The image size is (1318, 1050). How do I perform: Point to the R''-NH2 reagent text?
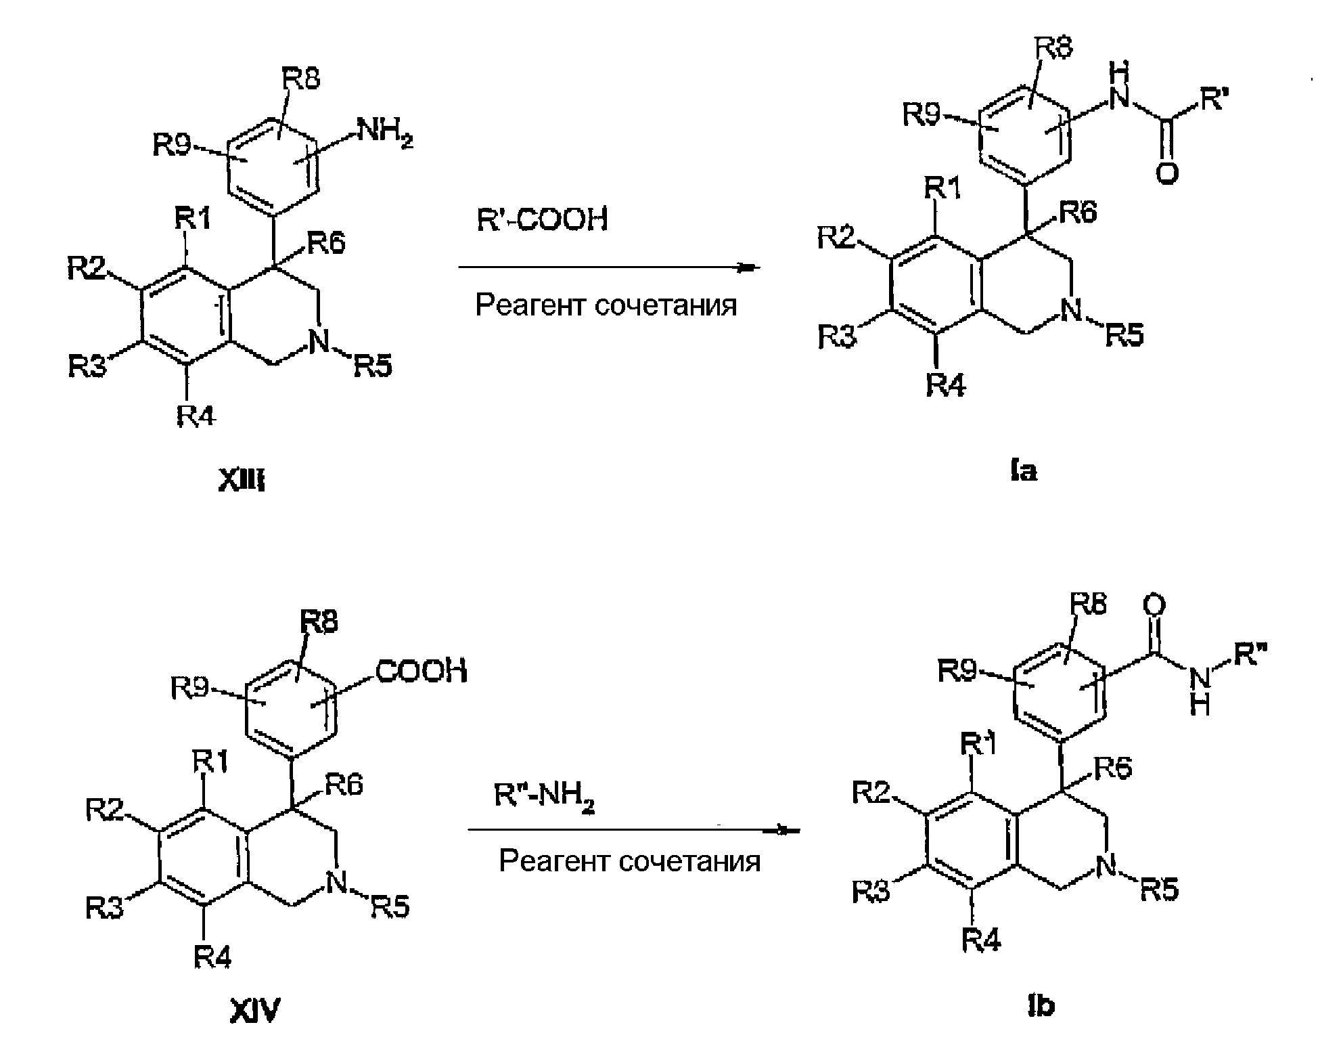tap(545, 796)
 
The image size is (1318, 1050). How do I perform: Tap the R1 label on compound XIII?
tap(194, 219)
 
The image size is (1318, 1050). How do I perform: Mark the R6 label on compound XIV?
tap(344, 785)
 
